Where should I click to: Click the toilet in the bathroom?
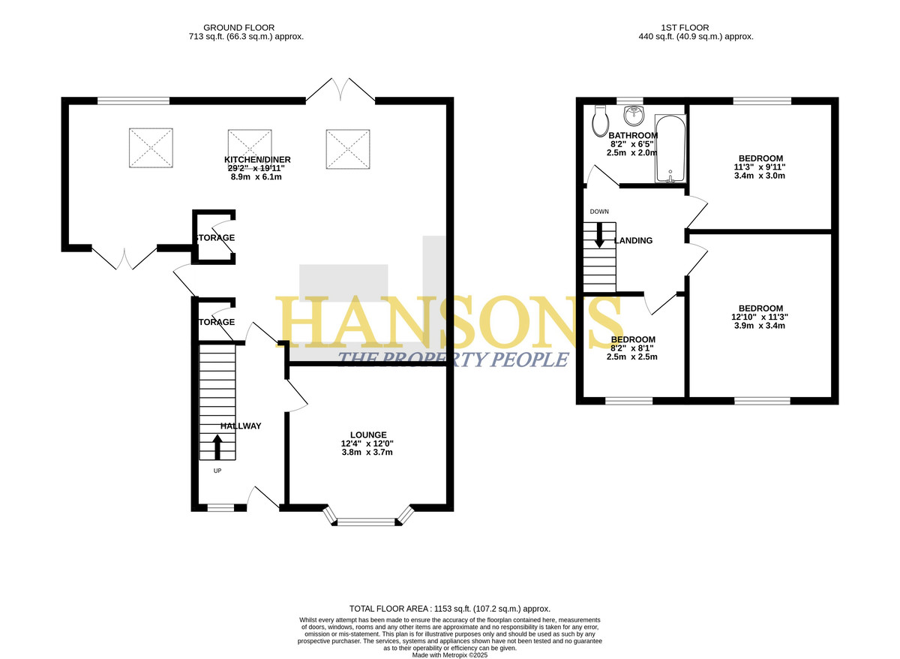coord(600,121)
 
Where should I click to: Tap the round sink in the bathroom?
coord(634,116)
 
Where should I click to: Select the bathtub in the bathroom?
coord(670,149)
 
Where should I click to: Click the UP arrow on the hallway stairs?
coord(217,447)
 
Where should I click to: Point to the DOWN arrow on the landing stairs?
coord(599,235)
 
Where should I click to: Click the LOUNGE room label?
coord(368,435)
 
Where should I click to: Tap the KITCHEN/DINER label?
coord(257,159)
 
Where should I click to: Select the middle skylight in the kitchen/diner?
coord(250,149)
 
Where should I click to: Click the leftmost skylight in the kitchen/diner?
coord(151,148)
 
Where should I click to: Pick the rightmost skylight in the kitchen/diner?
coord(348,149)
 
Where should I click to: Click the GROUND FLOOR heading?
coord(238,28)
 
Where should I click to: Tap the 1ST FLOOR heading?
coord(685,28)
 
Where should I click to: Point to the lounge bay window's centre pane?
coord(366,522)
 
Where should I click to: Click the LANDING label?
coord(633,240)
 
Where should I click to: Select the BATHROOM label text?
coord(633,136)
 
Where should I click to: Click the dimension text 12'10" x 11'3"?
coord(759,317)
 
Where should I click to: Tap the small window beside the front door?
coord(220,508)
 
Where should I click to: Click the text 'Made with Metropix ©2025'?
coord(449,655)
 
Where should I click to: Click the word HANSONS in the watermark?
coord(448,323)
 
